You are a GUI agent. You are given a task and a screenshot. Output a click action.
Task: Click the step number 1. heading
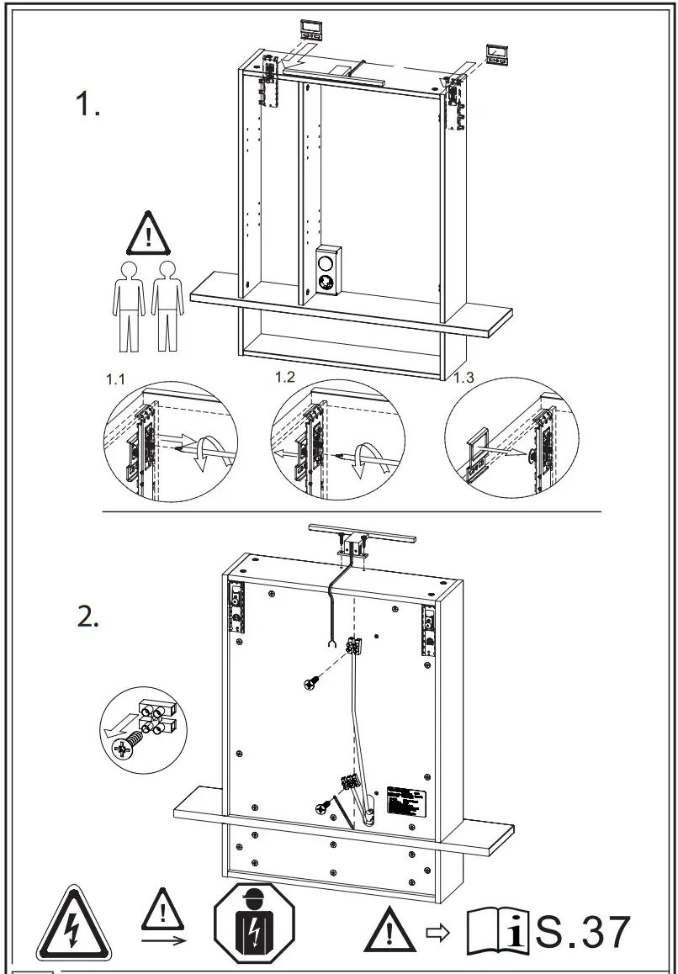point(87,104)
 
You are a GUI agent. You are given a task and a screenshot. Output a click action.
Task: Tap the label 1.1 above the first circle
point(115,380)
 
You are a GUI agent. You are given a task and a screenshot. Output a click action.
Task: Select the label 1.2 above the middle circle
point(285,376)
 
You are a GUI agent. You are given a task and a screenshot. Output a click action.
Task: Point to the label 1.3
point(464,378)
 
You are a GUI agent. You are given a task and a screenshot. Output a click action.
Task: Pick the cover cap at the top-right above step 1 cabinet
point(495,56)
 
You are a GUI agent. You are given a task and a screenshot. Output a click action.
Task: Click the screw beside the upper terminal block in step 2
point(311,685)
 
